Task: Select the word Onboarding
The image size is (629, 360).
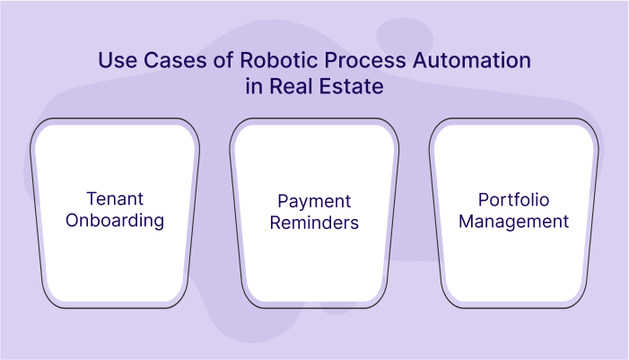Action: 115,221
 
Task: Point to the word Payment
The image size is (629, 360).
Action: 314,200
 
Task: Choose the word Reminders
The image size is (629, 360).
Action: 314,221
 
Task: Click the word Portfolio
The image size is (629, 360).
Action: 513,200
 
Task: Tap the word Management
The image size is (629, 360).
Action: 513,221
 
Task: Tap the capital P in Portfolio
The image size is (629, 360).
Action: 484,200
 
